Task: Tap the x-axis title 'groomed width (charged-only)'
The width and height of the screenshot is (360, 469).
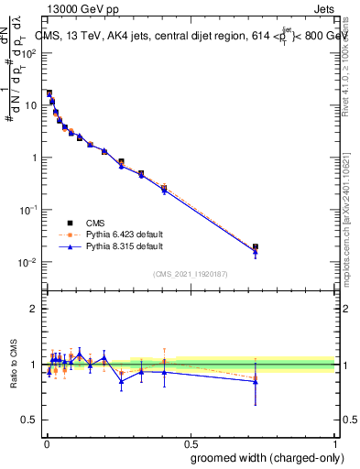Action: click(x=263, y=456)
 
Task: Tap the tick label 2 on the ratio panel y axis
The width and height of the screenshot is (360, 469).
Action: click(x=35, y=308)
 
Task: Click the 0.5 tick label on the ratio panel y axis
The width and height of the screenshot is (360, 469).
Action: click(x=31, y=421)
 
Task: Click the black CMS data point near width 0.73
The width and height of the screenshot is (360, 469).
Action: click(x=256, y=246)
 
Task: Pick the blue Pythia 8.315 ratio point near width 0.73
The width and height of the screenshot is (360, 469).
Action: click(x=256, y=381)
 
